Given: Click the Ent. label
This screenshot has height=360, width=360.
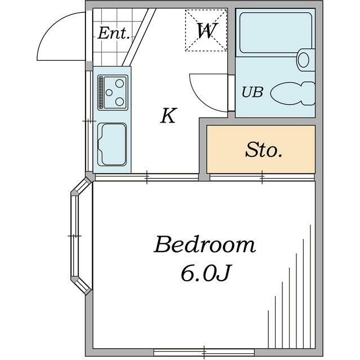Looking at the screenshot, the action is (114, 33).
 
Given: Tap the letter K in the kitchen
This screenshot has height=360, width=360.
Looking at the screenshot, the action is (169, 115).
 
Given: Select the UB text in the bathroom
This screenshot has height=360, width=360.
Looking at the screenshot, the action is (253, 92).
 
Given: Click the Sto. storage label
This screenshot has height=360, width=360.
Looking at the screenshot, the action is (264, 150).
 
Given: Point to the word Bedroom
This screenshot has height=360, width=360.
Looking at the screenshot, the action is (205, 244).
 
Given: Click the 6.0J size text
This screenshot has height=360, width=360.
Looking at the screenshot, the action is (205, 273).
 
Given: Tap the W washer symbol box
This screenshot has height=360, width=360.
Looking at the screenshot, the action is (206, 30).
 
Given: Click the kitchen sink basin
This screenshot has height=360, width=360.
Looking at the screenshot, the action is (112, 145).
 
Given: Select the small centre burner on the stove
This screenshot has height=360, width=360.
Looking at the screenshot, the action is (109, 92).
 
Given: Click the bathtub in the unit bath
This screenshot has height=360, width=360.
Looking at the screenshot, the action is (276, 33).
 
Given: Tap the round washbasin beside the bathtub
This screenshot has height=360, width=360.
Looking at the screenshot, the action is (303, 60).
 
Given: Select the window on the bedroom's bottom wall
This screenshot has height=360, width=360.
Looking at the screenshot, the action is (204, 352).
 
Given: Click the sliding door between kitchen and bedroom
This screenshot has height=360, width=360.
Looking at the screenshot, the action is (147, 177).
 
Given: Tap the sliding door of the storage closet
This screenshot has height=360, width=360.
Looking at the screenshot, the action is (262, 177).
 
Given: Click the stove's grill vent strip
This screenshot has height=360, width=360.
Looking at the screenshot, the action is (101, 93).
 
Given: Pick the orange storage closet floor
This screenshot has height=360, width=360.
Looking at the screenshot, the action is (261, 149).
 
